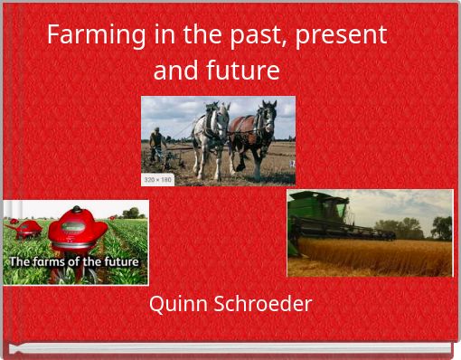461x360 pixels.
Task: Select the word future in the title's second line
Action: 241,70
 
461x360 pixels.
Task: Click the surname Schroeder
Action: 261,304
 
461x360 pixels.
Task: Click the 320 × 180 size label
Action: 158,179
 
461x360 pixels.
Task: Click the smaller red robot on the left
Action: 25,227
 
